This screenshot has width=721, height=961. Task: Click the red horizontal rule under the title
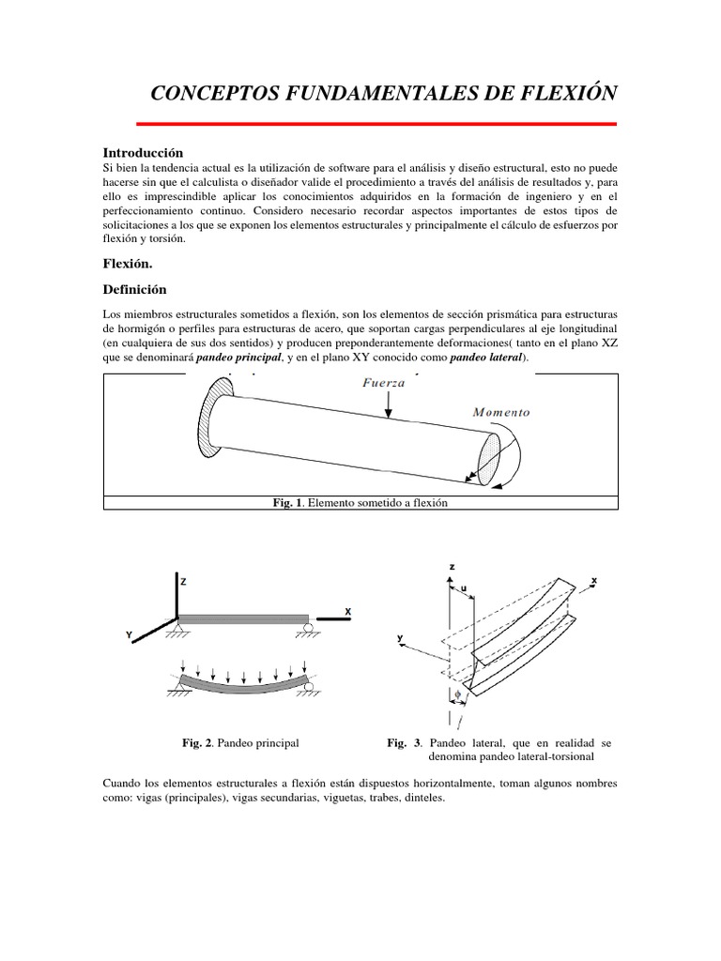(376, 123)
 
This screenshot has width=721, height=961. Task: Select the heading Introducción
(142, 152)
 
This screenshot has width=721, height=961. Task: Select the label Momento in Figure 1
(501, 412)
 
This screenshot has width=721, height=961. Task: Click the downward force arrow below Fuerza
(389, 404)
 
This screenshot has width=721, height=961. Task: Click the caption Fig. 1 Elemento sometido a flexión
(360, 503)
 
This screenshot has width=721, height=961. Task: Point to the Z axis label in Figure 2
(184, 582)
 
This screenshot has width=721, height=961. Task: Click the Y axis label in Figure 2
(130, 635)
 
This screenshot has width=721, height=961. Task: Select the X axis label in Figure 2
(347, 611)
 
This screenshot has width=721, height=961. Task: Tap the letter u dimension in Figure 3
(464, 589)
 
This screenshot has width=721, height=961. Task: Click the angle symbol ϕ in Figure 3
(457, 694)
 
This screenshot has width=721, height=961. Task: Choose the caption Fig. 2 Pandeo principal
(239, 742)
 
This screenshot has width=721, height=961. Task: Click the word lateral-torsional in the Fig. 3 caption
(561, 755)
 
